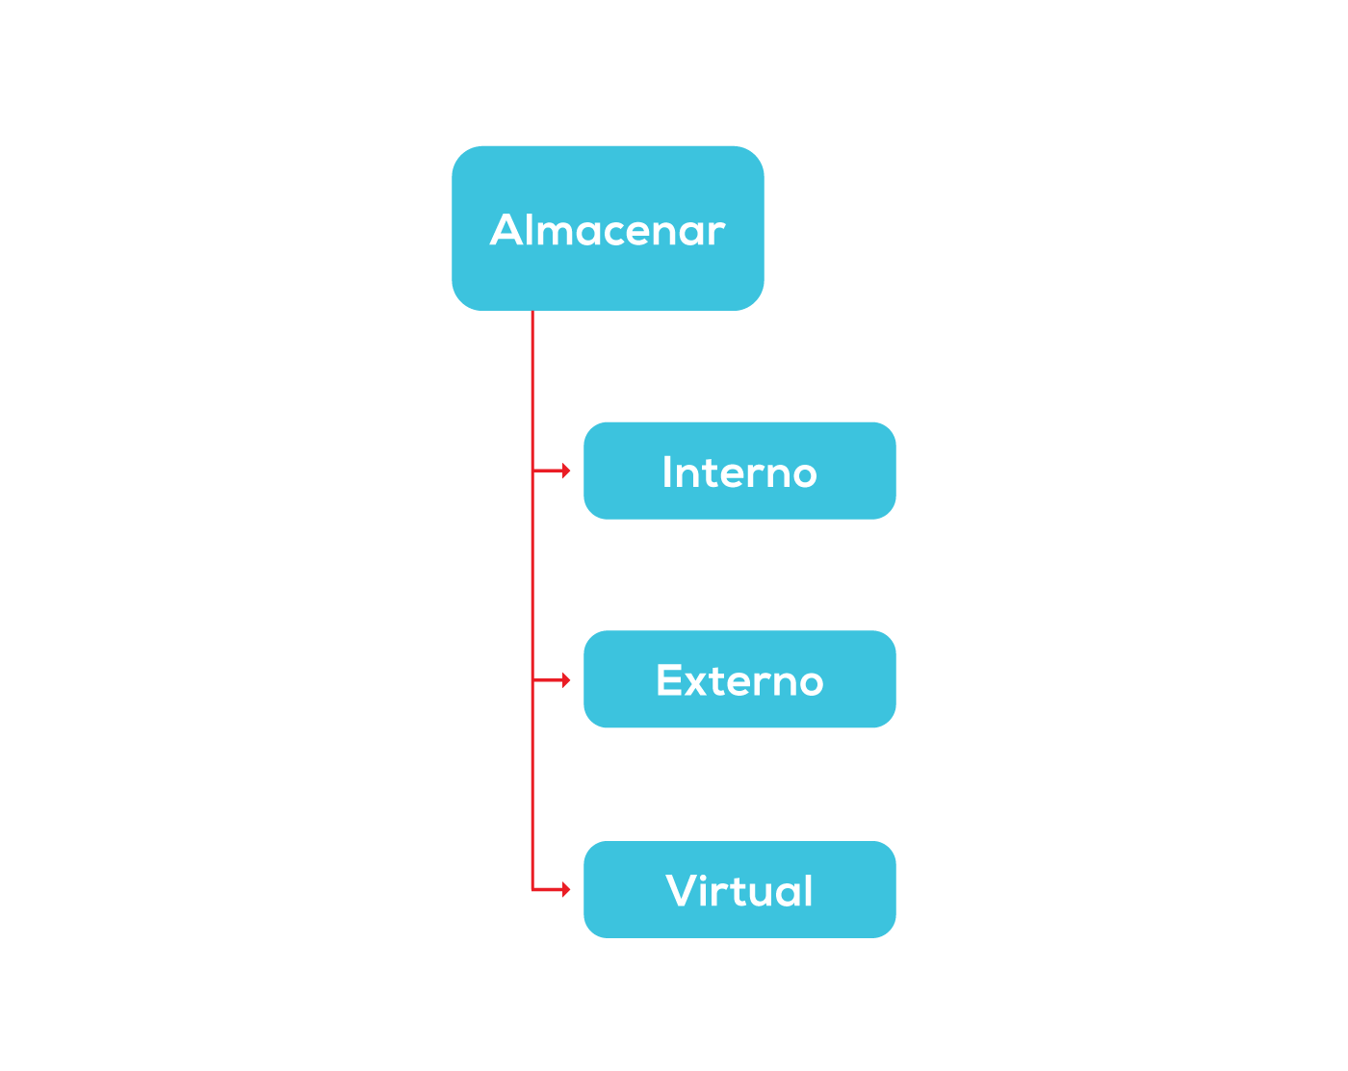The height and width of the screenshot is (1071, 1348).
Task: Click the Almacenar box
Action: click(608, 228)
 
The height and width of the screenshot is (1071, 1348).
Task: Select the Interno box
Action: click(739, 471)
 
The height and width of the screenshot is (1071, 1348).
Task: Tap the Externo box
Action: click(739, 679)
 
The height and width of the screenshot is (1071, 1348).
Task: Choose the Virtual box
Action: click(739, 889)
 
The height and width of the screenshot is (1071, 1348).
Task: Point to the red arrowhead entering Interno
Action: click(566, 471)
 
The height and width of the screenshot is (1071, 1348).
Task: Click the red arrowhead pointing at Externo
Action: click(566, 679)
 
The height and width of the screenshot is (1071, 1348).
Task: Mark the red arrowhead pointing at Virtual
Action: click(566, 889)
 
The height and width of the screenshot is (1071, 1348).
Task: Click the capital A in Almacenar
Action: click(506, 229)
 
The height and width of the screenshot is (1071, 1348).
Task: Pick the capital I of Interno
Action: click(667, 472)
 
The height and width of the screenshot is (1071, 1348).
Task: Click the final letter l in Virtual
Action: click(808, 889)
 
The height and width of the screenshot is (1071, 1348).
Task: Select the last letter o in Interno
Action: click(804, 475)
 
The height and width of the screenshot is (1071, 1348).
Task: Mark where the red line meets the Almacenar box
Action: click(532, 311)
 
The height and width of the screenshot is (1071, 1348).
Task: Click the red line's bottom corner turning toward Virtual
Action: click(532, 889)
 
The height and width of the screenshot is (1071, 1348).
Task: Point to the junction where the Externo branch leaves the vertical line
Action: click(532, 679)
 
